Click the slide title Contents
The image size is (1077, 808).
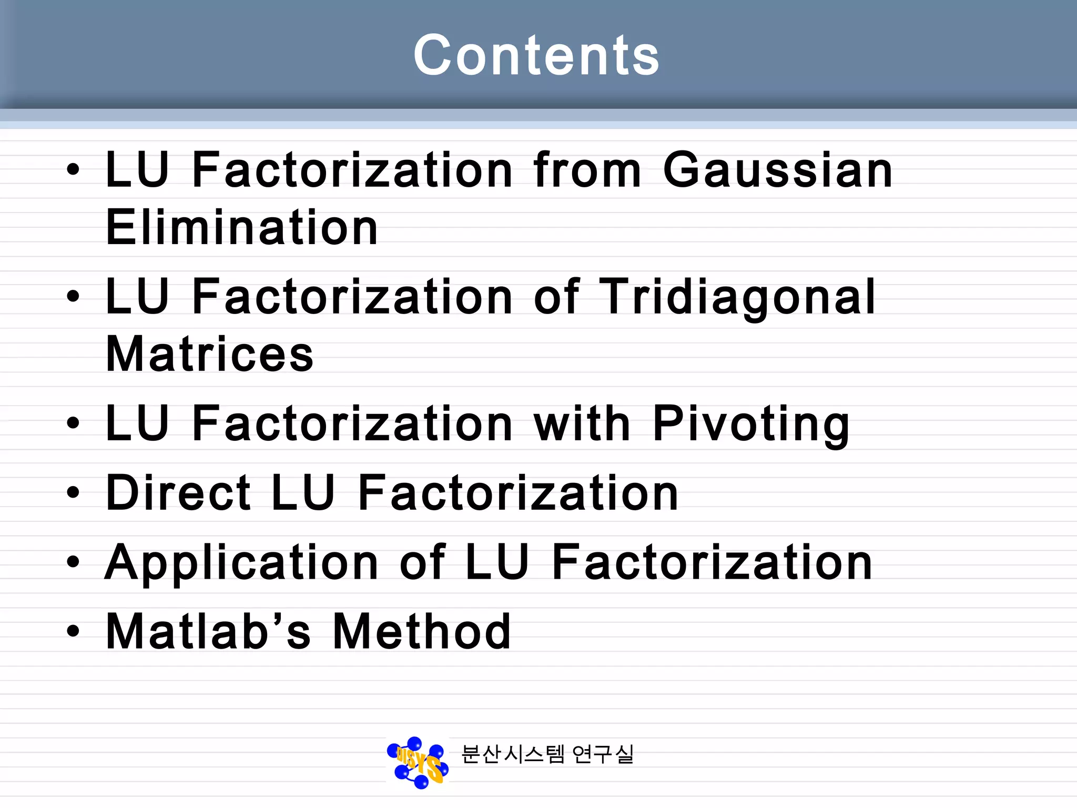(536, 55)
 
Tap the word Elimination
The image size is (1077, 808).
(242, 227)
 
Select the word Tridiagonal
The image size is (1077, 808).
(737, 297)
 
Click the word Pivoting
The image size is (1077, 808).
(751, 424)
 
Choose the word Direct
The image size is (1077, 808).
(178, 493)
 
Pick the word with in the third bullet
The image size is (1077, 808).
(582, 423)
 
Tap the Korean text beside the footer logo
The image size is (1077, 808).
(547, 754)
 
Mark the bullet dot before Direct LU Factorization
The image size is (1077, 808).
(73, 493)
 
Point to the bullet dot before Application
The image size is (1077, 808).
(73, 562)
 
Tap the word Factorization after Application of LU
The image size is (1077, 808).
(712, 563)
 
